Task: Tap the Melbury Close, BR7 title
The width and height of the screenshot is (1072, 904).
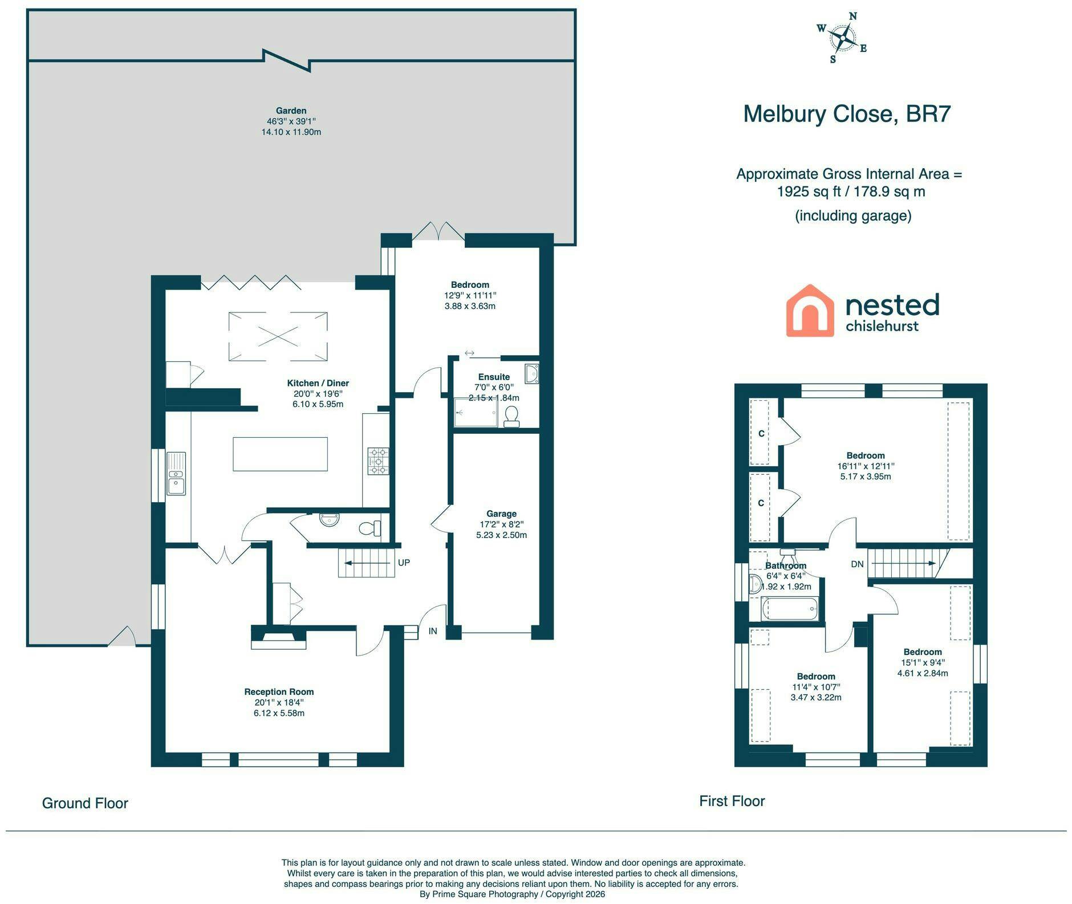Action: click(847, 114)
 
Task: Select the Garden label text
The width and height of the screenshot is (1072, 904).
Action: click(291, 111)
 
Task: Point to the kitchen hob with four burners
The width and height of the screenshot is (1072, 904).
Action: click(378, 461)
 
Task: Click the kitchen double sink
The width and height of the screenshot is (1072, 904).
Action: click(176, 473)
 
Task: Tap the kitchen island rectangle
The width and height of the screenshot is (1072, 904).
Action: click(280, 454)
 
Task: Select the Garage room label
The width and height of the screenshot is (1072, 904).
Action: click(501, 514)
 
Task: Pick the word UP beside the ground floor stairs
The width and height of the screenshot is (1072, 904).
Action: click(404, 563)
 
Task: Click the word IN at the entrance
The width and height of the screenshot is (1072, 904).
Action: click(433, 631)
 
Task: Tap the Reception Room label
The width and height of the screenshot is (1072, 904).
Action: click(279, 691)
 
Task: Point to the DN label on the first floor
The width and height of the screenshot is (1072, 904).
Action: click(857, 564)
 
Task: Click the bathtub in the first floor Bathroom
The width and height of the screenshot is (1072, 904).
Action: click(790, 609)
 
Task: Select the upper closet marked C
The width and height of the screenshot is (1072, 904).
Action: click(761, 433)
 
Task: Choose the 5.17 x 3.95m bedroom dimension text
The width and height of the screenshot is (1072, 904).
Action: click(866, 477)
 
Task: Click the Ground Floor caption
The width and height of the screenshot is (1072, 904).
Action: click(85, 803)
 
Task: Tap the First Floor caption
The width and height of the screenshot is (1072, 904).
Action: click(732, 801)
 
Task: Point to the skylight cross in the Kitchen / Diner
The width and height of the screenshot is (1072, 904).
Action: click(278, 336)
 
